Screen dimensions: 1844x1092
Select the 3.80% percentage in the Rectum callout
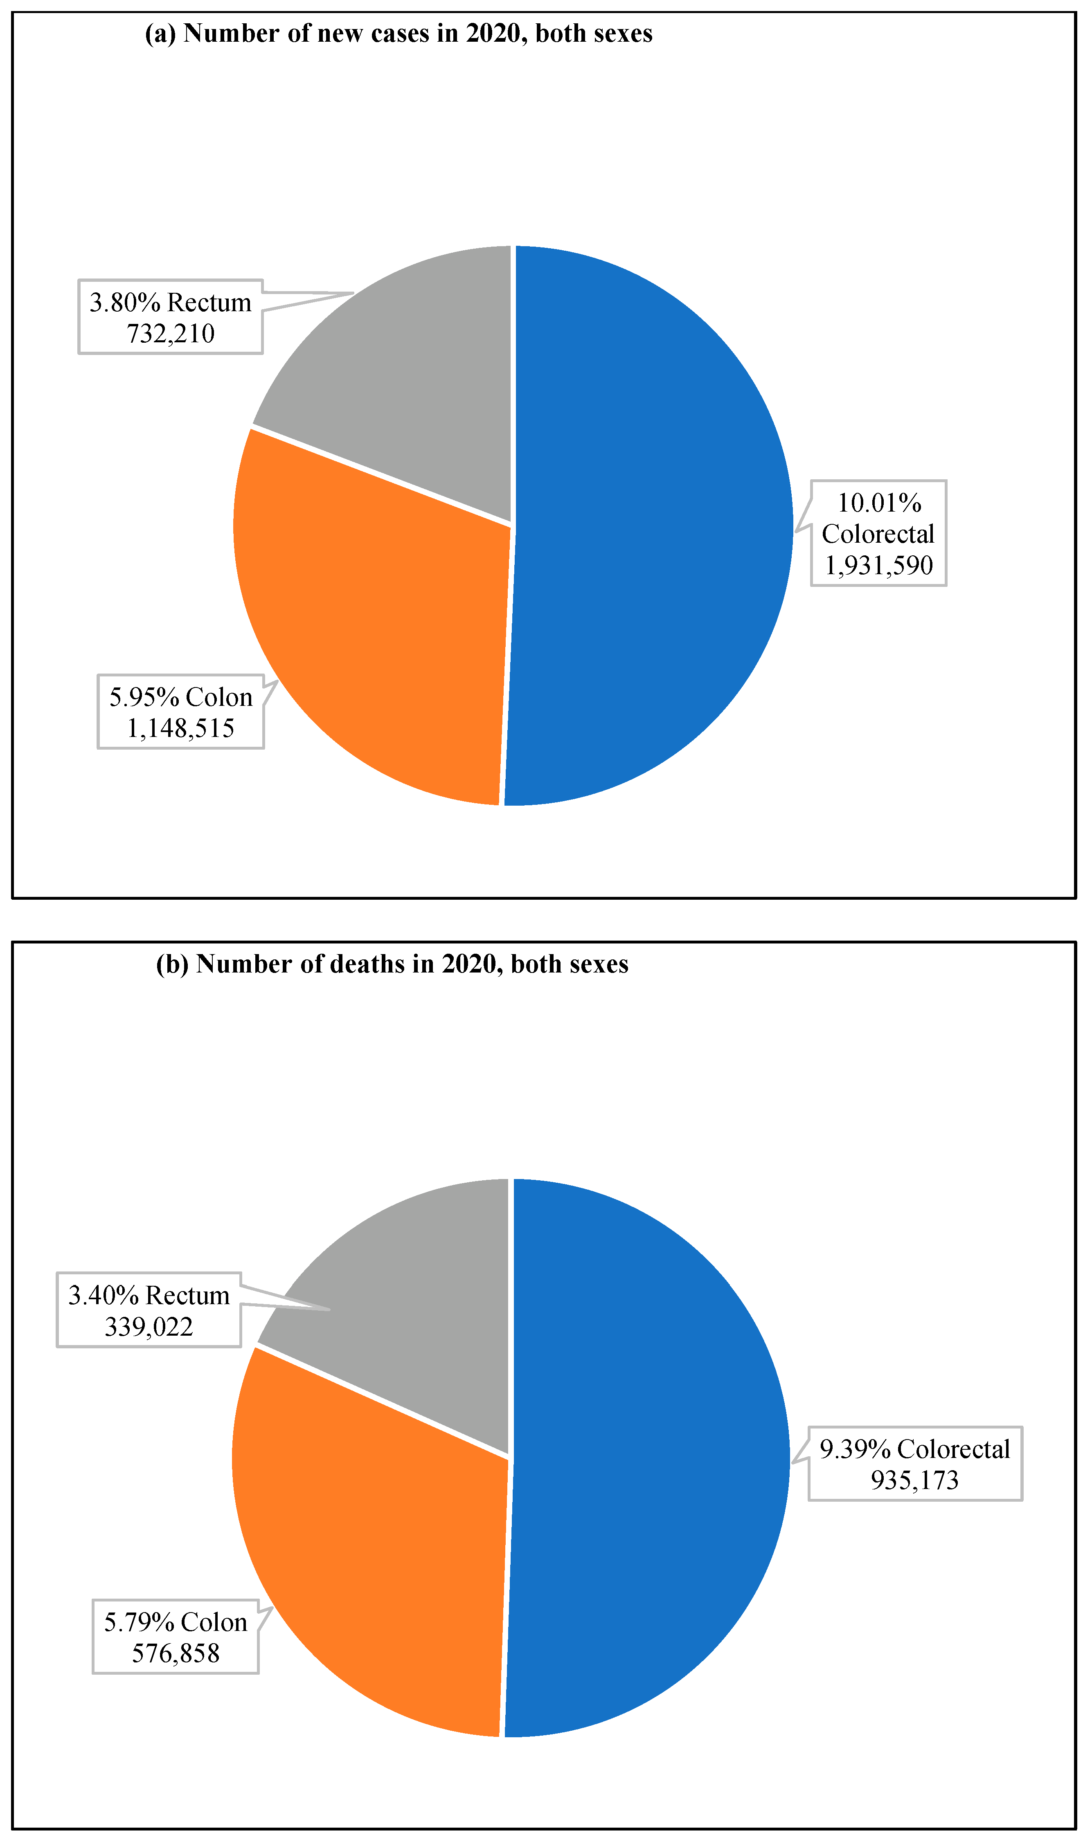(x=125, y=302)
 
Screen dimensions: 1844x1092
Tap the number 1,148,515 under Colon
(x=180, y=728)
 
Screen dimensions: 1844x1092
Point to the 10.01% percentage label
(x=879, y=503)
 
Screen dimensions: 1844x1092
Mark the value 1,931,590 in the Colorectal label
(x=878, y=565)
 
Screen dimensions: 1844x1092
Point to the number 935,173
(x=915, y=1480)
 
